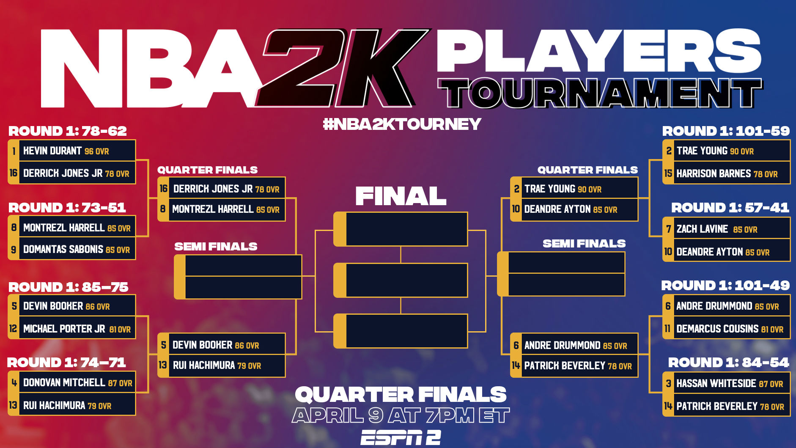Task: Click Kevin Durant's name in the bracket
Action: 52,151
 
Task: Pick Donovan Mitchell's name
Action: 64,383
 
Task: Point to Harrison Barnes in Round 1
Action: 714,173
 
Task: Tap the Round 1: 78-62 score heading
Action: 68,131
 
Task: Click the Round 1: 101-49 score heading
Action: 725,286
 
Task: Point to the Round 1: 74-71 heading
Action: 66,363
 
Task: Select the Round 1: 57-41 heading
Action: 730,208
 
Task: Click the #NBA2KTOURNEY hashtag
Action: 402,124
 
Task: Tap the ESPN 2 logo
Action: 401,437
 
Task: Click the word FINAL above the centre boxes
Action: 401,196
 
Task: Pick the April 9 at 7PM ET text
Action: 401,415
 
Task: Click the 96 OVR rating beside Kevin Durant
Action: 96,151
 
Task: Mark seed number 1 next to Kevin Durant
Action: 14,151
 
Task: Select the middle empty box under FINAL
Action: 401,280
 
